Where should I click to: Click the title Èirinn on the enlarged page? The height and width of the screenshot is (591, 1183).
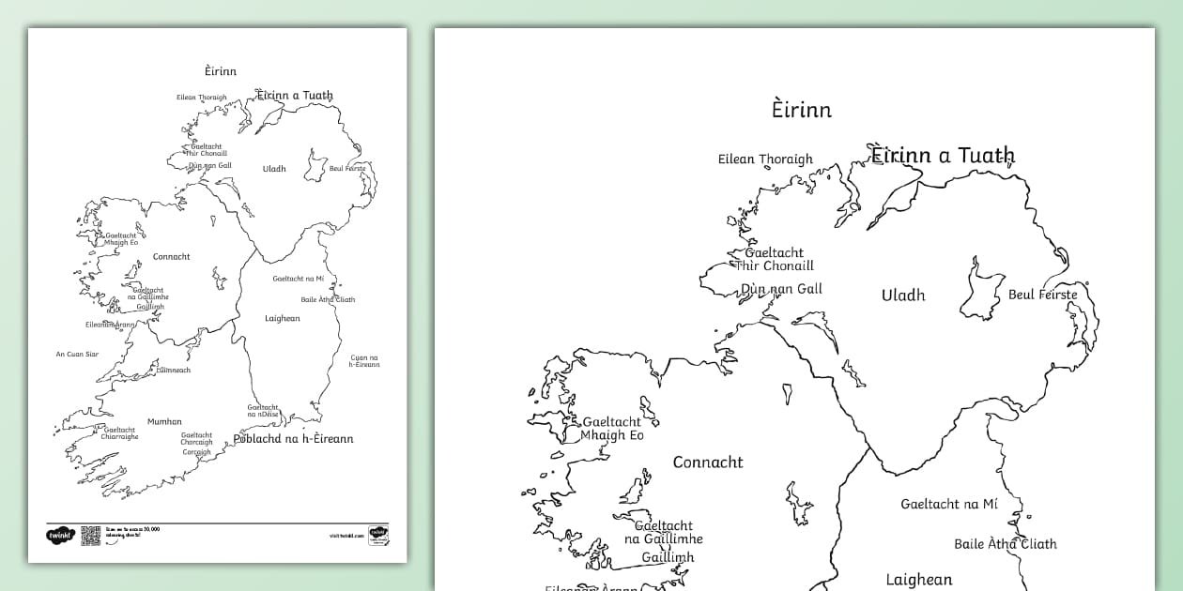[x=801, y=110]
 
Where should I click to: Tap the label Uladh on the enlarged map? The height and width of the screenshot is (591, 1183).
[x=902, y=295]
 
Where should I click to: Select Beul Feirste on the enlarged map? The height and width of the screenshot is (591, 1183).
[x=1042, y=295]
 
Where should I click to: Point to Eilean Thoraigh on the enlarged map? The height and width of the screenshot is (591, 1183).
[x=764, y=159]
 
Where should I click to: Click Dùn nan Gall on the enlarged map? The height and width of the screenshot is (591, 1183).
[x=781, y=289]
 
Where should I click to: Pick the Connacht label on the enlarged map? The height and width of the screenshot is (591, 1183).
[x=707, y=462]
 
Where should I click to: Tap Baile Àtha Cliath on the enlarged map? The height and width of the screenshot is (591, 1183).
[x=1005, y=544]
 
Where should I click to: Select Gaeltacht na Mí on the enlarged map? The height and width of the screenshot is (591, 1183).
[x=948, y=504]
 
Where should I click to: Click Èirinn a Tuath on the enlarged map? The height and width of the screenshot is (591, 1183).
[x=943, y=156]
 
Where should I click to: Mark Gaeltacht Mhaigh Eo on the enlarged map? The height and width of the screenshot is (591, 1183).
[x=612, y=429]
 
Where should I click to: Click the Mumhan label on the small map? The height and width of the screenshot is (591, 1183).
[x=164, y=422]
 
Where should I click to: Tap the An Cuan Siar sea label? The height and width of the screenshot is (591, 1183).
[x=77, y=355]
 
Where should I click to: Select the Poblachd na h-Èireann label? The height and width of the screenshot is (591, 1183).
[x=293, y=439]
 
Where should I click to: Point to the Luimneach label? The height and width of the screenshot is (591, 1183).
[x=173, y=371]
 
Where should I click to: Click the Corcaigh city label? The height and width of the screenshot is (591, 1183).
[x=196, y=452]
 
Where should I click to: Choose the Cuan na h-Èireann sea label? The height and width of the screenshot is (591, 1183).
[x=364, y=360]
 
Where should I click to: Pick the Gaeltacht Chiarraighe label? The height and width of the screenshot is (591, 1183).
[x=120, y=433]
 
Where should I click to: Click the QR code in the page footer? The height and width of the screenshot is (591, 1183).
[x=90, y=535]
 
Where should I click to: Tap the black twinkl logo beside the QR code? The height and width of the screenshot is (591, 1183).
[x=60, y=535]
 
